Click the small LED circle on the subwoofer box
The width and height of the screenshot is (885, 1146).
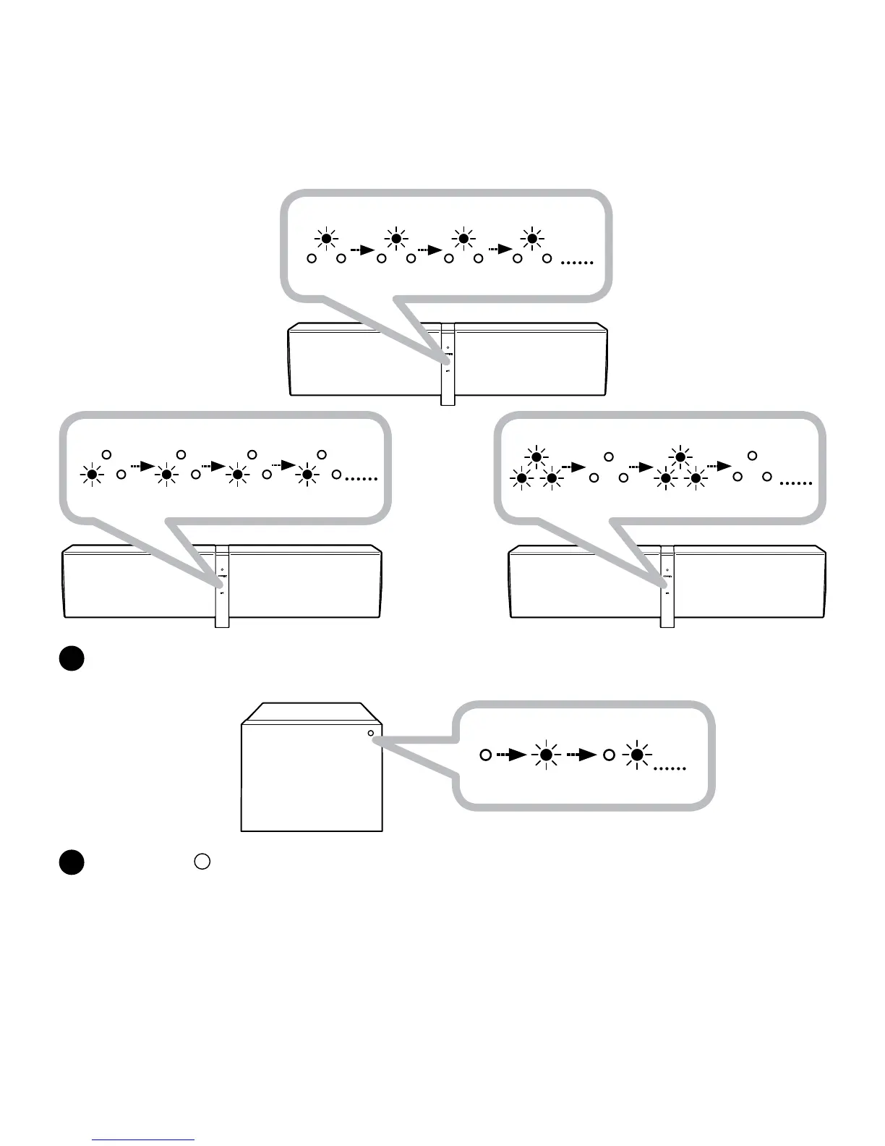[x=371, y=734]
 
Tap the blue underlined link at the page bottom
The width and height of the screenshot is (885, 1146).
[x=143, y=1140]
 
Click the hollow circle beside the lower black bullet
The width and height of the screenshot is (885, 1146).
[x=202, y=862]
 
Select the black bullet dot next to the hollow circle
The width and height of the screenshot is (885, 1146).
[x=72, y=862]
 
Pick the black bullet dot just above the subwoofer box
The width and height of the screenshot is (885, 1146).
[x=72, y=658]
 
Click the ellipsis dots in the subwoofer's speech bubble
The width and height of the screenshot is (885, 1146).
[x=669, y=768]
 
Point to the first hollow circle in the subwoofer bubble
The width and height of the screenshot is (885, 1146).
[x=486, y=755]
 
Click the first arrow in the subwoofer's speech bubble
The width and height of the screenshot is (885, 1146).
[x=511, y=755]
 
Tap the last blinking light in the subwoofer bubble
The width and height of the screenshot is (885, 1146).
[x=637, y=755]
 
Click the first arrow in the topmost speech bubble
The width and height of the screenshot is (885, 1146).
[x=362, y=250]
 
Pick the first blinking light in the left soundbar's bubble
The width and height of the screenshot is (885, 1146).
[x=92, y=475]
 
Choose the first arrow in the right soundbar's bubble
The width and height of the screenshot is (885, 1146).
[x=573, y=467]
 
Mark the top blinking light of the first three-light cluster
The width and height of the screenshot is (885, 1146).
[x=536, y=457]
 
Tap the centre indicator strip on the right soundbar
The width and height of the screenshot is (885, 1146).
[x=667, y=585]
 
